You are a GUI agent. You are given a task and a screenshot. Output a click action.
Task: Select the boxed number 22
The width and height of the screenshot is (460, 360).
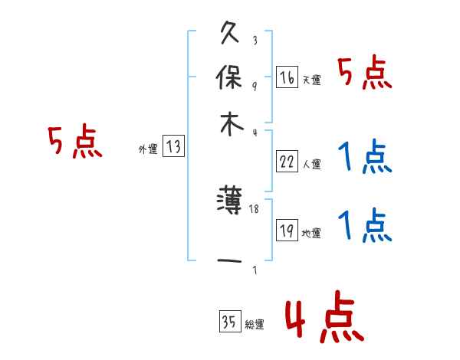(x=287, y=161)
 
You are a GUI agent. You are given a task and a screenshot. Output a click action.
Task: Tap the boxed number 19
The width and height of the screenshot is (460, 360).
(x=287, y=231)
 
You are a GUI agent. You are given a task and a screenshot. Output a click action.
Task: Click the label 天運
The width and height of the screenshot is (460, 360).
(x=311, y=80)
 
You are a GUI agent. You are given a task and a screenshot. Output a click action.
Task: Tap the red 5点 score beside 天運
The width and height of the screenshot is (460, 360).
(x=365, y=74)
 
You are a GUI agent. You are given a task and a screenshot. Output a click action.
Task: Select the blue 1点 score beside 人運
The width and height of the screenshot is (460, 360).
(x=365, y=158)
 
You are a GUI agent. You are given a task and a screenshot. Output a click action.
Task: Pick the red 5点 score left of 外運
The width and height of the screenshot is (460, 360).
(x=74, y=142)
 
